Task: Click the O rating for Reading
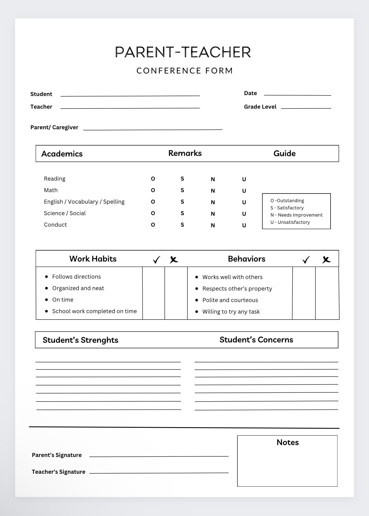[153, 179]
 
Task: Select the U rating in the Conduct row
[244, 225]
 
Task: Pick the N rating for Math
[213, 191]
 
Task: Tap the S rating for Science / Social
[182, 213]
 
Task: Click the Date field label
[250, 93]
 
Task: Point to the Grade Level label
[260, 107]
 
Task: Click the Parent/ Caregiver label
[54, 127]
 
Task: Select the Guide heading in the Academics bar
[284, 154]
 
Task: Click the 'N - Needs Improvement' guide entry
[296, 215]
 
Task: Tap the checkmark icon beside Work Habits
[156, 260]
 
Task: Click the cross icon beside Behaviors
[326, 260]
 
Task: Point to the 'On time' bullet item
[63, 300]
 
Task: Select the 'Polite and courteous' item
[230, 300]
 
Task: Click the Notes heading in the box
[287, 442]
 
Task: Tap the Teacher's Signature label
[58, 472]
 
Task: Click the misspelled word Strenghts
[99, 340]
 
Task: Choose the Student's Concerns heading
[256, 340]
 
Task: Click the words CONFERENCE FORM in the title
[184, 71]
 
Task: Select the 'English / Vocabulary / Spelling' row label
[84, 202]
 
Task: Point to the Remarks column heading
[185, 153]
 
